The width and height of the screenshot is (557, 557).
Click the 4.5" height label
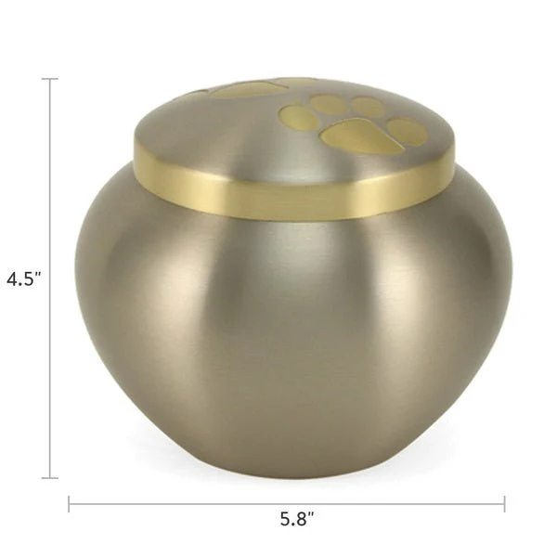24,278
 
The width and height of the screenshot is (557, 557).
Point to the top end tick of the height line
50,79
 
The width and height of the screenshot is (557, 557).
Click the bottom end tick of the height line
50,477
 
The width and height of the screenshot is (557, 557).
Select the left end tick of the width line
70,504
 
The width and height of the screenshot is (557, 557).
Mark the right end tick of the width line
504,504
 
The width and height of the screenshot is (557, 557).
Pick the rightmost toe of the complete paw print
408,130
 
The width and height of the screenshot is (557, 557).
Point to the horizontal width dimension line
186,504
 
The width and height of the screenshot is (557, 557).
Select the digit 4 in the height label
12,278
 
